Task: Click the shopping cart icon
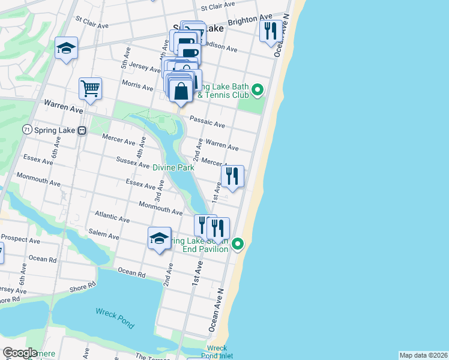90,89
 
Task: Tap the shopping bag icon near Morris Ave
181,91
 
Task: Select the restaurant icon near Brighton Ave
271,29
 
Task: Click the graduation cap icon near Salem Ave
159,238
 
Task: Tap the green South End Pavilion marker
238,244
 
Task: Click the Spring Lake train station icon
82,130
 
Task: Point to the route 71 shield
26,130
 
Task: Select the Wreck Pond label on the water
115,317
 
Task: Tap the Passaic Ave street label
207,122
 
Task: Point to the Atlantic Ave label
112,217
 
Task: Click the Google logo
20,353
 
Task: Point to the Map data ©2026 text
423,355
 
